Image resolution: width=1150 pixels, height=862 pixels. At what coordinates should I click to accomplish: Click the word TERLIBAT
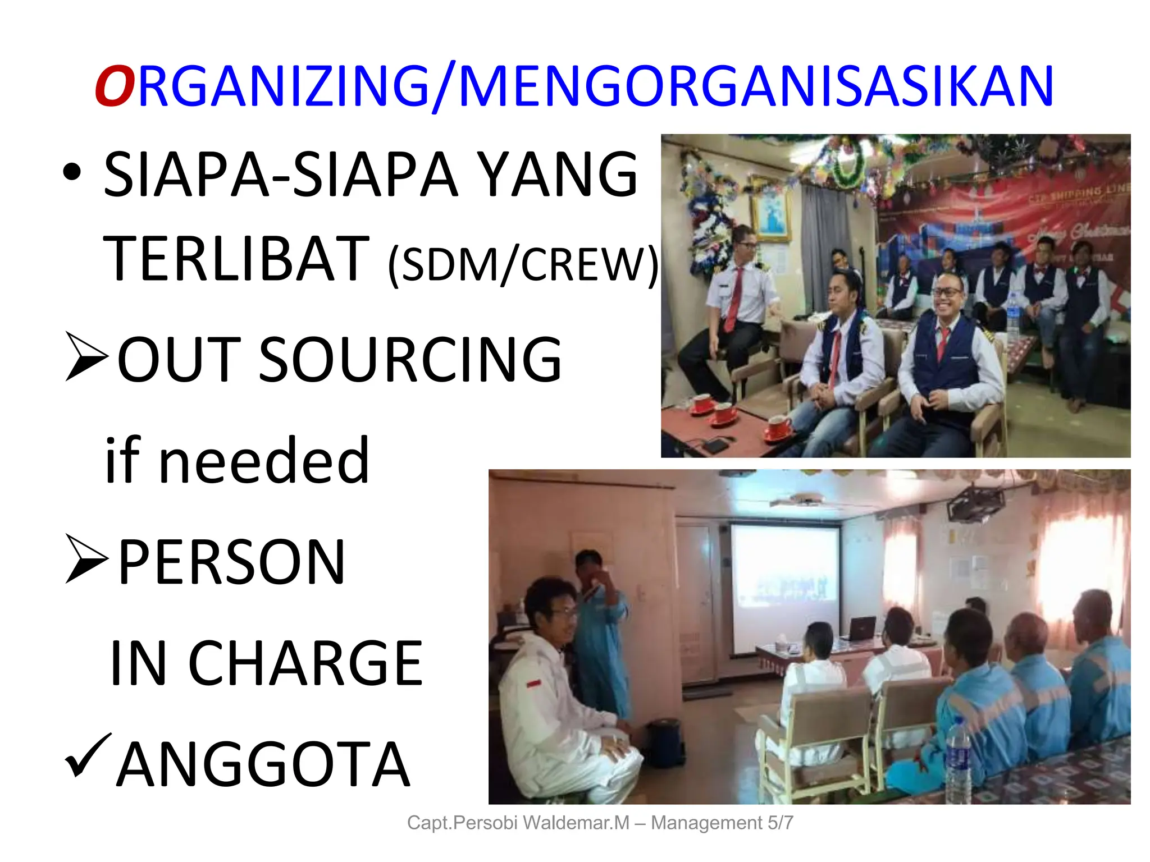[x=236, y=259]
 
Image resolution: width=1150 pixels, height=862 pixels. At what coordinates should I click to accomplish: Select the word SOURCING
[x=410, y=360]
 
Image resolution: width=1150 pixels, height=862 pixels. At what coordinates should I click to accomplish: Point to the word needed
[x=264, y=461]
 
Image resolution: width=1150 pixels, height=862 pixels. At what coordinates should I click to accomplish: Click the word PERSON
[x=231, y=562]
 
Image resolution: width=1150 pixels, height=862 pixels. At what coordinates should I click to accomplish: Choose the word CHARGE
[x=305, y=664]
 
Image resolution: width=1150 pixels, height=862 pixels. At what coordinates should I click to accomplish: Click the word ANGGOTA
[x=263, y=765]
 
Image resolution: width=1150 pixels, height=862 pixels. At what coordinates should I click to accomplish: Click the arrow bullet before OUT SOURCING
[x=86, y=356]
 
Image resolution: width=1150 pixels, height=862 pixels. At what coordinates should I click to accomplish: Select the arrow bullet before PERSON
[x=86, y=559]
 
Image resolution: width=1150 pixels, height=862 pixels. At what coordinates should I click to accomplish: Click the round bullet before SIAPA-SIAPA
[x=71, y=173]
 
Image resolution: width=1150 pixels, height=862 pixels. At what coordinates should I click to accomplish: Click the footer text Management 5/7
[x=722, y=823]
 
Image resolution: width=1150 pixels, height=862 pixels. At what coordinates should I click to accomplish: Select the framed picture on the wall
[x=769, y=215]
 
